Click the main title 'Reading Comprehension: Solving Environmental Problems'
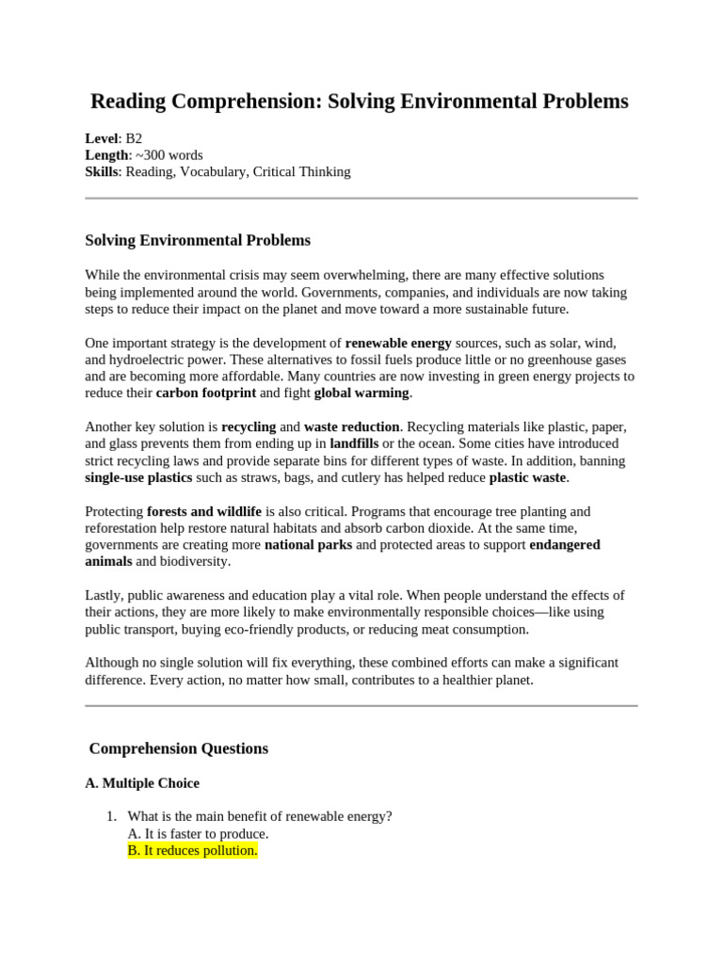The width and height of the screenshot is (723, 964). [359, 102]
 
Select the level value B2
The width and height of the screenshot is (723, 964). [134, 138]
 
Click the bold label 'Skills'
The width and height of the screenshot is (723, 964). [102, 172]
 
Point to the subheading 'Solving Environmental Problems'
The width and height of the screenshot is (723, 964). [198, 241]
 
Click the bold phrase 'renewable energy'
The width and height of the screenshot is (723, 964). [398, 344]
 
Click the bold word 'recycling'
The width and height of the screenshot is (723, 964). [249, 427]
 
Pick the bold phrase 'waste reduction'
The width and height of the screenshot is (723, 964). [351, 427]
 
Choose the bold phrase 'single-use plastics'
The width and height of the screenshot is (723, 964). [138, 478]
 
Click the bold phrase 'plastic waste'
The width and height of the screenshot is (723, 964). [528, 478]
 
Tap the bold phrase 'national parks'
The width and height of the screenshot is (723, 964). [308, 546]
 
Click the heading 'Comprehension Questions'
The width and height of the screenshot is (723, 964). [178, 749]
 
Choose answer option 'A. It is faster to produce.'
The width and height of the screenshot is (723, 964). [198, 834]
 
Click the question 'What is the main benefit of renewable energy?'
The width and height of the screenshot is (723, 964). [260, 817]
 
